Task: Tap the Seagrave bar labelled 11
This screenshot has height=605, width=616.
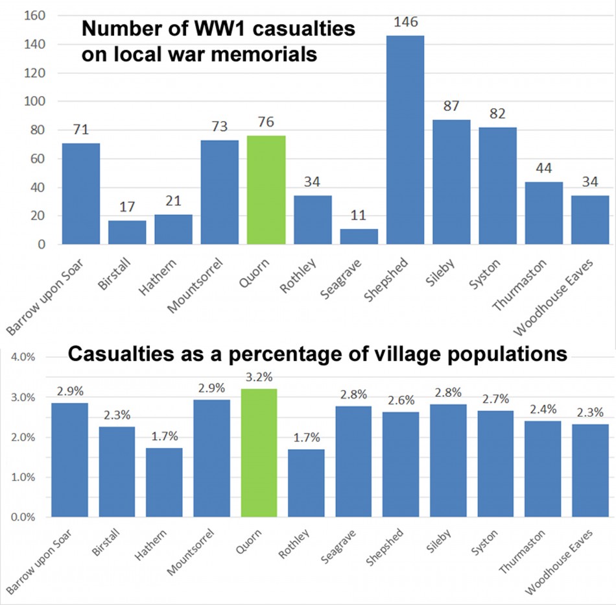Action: tap(359, 237)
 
